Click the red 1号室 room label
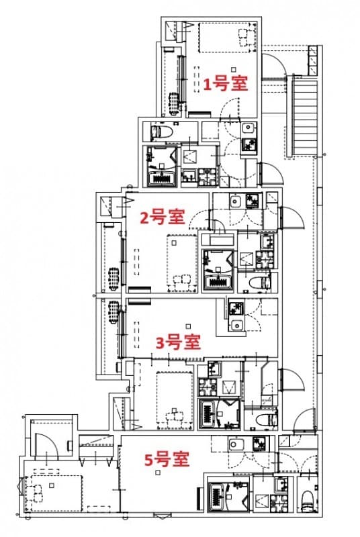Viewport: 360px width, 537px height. (x=226, y=84)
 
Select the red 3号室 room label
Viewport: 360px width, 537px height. (x=178, y=342)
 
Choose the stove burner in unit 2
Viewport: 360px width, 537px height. (x=253, y=200)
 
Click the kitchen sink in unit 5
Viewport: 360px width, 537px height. (x=237, y=444)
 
